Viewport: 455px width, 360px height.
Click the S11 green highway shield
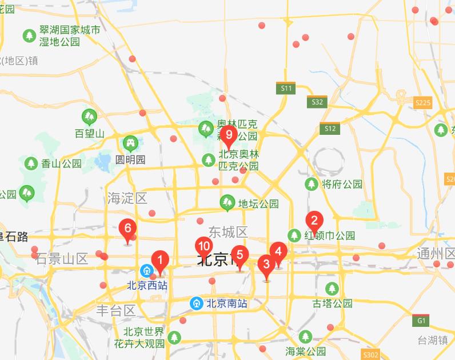[x=286, y=88]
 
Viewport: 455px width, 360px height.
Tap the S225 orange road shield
[x=422, y=103]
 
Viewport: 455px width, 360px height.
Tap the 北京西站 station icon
[x=147, y=270]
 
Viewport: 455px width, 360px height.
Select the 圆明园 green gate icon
[x=130, y=143]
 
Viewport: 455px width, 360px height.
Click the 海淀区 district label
[x=127, y=198]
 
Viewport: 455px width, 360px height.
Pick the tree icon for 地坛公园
[x=227, y=202]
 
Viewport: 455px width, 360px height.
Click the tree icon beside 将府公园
[x=312, y=184]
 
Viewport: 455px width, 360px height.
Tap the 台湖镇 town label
[x=433, y=341]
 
